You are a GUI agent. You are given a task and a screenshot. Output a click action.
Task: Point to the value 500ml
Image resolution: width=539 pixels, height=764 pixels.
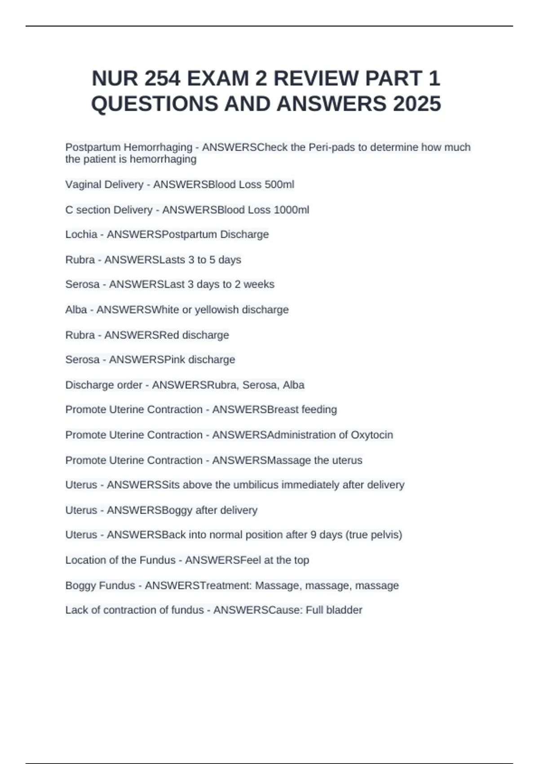279,185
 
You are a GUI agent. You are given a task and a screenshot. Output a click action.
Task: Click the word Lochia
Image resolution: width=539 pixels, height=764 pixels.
81,235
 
